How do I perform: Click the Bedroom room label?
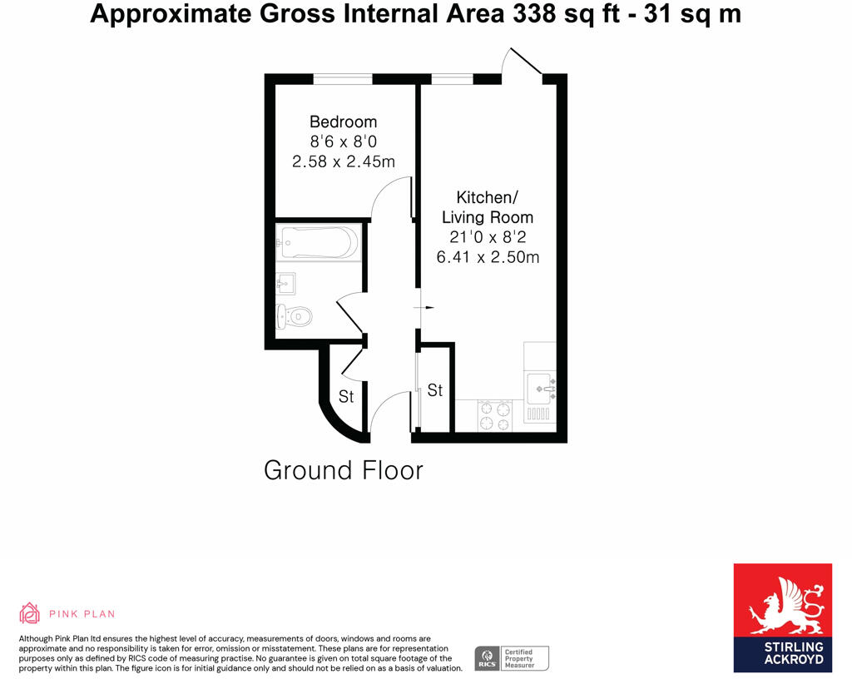(343, 121)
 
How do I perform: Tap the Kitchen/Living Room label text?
(488, 207)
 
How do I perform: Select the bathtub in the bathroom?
(319, 242)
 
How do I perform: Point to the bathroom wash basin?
(285, 284)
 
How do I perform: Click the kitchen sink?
(540, 387)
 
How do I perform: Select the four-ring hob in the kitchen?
(495, 416)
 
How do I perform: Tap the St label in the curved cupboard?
(346, 397)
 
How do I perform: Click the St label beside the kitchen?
(434, 390)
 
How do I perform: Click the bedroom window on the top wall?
(342, 79)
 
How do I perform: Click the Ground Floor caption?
(343, 470)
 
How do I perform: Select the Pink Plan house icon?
(30, 613)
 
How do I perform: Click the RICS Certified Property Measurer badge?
(511, 658)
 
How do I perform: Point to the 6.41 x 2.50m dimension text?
(488, 257)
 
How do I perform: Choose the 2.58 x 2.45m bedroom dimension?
(343, 161)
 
